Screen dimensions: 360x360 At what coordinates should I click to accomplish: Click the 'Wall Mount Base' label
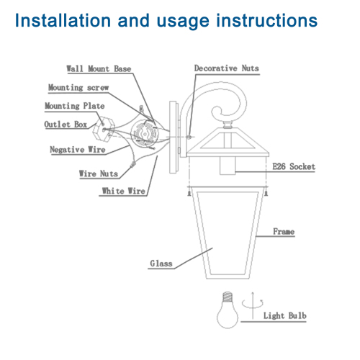click(99, 69)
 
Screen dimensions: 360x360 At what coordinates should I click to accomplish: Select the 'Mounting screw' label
click(78, 88)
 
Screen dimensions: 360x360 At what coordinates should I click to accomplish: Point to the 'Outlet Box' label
click(67, 124)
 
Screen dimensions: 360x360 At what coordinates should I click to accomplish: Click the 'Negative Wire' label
click(78, 150)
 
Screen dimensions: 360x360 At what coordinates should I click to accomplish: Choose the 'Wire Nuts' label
click(99, 174)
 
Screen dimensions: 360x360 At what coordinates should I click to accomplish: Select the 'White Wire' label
click(123, 191)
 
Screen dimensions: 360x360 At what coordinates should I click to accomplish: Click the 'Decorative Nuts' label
click(226, 68)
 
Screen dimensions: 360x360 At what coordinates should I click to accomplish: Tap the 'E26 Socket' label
click(294, 167)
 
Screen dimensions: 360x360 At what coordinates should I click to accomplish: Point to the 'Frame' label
click(284, 231)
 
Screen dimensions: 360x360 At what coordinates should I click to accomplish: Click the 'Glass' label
click(161, 264)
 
